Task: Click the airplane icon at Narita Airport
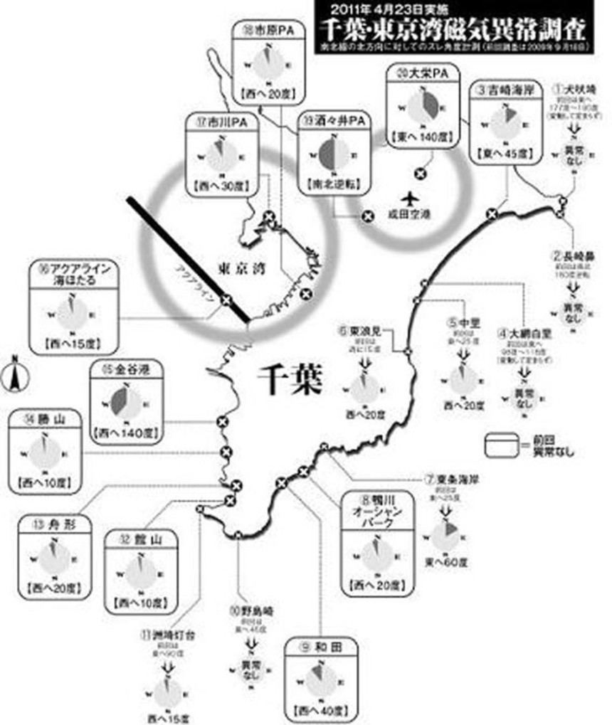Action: click(408, 197)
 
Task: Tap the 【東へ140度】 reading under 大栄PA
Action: click(421, 135)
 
